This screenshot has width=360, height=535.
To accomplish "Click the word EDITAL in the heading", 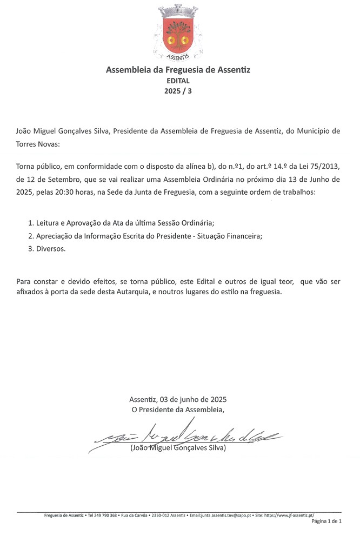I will point(178,81).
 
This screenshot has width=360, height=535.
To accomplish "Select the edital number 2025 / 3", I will point(178,91).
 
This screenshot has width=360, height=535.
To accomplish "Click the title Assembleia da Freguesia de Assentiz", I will point(178,70).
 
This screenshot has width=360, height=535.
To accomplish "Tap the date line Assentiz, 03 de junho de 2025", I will point(178,399).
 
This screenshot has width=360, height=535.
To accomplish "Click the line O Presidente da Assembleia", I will point(178,409).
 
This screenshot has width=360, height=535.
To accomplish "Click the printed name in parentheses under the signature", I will point(178,448).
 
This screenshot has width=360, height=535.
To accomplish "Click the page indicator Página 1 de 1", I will point(326,522).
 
